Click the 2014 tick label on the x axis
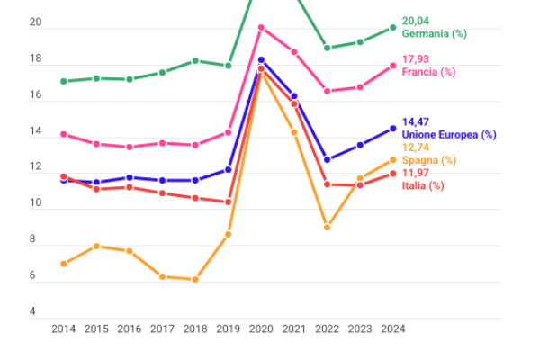[x=63, y=329]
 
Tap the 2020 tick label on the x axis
[x=261, y=329]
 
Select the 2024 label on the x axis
[x=393, y=329]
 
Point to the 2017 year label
[x=162, y=329]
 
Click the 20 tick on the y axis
[x=36, y=22]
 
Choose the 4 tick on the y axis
[x=33, y=312]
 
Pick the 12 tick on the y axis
[x=36, y=167]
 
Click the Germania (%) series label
[x=434, y=33]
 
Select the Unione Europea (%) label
[x=449, y=134]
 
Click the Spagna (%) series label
[x=428, y=160]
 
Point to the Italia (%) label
[x=423, y=185]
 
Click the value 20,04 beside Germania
[x=416, y=20]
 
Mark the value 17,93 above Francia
[x=416, y=59]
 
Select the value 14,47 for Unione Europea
[x=416, y=121]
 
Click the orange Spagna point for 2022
[x=328, y=228]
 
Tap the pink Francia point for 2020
[x=261, y=28]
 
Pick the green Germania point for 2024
[x=393, y=28]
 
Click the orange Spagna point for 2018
[x=195, y=280]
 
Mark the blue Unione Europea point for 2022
[x=328, y=160]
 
